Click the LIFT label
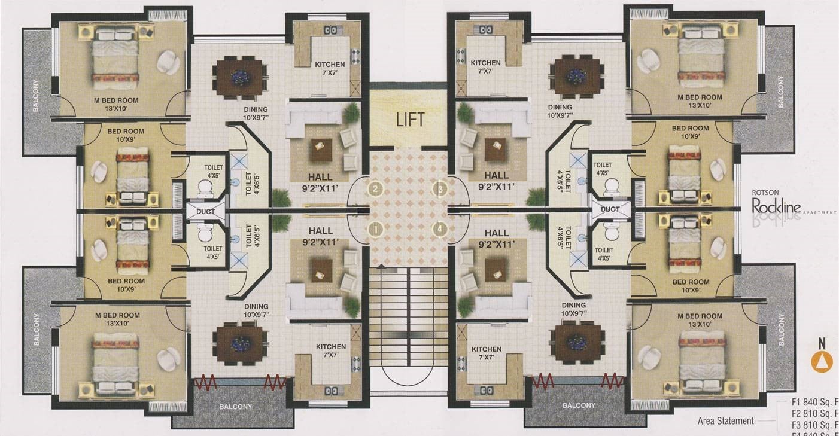[x=410, y=119]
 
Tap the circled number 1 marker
[x=375, y=228]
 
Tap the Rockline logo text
[x=776, y=207]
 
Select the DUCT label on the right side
[x=610, y=209]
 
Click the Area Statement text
[x=725, y=421]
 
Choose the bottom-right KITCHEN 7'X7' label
[x=486, y=353]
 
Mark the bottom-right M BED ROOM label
[x=700, y=320]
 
